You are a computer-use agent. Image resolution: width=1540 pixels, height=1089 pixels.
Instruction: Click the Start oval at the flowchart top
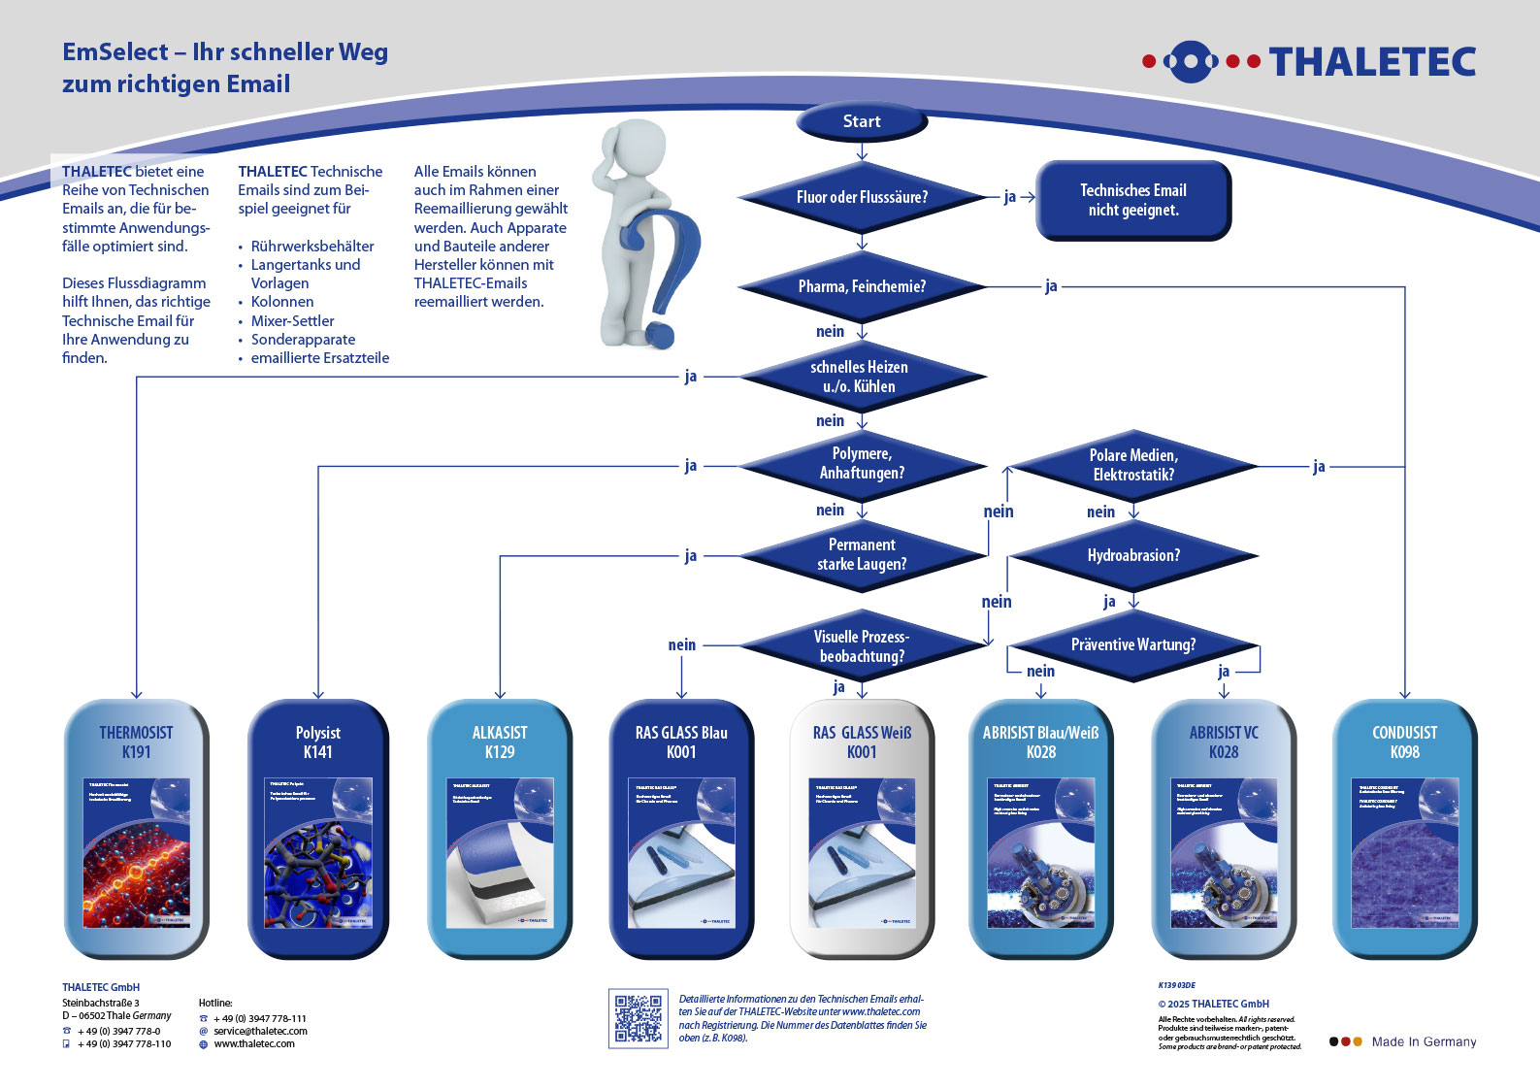coord(862,121)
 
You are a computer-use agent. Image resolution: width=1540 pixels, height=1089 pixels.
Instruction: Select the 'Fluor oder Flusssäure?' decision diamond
coord(862,197)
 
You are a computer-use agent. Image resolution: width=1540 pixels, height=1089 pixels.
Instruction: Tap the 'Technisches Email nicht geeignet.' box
coord(1133,200)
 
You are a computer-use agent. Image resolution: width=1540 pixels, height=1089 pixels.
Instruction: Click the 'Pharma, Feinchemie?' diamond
coord(862,286)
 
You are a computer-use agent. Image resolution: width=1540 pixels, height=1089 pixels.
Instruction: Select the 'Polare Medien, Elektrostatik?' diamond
coord(1133,465)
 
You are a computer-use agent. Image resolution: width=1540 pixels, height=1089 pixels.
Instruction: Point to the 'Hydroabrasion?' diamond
coord(1133,555)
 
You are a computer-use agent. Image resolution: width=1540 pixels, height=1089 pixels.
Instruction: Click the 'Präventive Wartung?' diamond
coord(1133,644)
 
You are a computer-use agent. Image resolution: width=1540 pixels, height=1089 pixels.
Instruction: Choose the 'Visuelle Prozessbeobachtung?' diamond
coord(862,646)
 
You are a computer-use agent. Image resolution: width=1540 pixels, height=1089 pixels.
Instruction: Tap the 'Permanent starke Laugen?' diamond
coord(862,554)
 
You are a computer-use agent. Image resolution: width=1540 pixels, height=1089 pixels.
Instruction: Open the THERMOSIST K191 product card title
coord(136,742)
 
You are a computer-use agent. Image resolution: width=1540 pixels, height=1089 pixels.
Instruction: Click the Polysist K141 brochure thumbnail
coord(318,852)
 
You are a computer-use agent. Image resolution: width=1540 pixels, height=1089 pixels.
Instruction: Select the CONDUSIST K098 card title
coord(1404,742)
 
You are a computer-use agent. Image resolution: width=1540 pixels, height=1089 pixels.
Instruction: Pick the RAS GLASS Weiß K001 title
coord(862,742)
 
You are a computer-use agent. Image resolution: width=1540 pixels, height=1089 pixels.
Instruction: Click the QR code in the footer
coord(639,1018)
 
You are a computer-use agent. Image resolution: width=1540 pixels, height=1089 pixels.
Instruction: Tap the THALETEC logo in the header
coord(1310,62)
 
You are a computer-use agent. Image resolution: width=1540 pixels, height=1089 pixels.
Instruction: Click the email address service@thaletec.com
coord(260,1031)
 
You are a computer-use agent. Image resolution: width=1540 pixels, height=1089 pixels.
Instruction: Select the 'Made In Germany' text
coord(1424,1041)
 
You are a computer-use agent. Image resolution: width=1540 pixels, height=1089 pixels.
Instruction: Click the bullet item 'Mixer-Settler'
coord(292,320)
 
